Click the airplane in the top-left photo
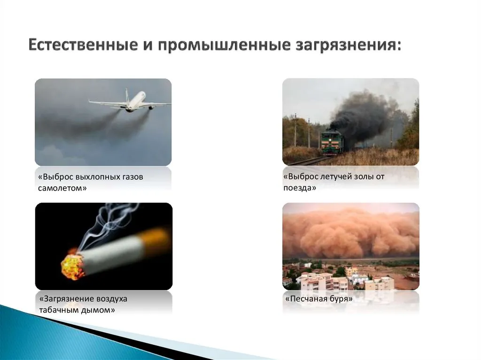coord(130,101)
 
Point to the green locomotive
coord(332,141)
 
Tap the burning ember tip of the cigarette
coord(73,266)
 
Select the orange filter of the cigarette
coord(156,239)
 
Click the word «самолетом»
coord(62,188)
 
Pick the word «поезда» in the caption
coord(299,188)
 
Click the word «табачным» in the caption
coord(59,310)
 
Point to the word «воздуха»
coord(111,299)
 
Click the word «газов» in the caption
coord(131,177)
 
